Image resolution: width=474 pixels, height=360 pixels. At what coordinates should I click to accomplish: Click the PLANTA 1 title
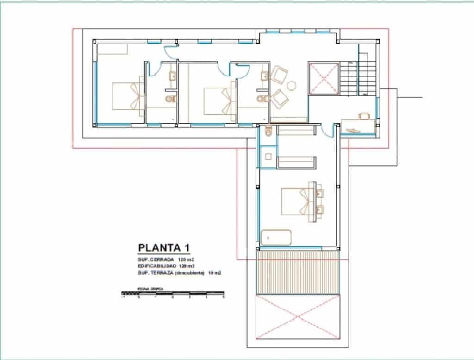point(164,247)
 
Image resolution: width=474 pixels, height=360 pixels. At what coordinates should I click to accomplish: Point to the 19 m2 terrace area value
point(215,273)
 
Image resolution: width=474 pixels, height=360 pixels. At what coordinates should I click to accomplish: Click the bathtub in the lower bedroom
point(276,237)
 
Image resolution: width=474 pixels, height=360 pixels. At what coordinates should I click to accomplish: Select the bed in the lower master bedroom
point(296,201)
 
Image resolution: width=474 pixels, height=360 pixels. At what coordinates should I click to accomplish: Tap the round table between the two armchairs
point(292,85)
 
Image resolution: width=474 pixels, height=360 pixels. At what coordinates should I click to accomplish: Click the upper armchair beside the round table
point(280,74)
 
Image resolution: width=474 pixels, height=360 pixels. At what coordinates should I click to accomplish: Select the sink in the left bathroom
point(172,76)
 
